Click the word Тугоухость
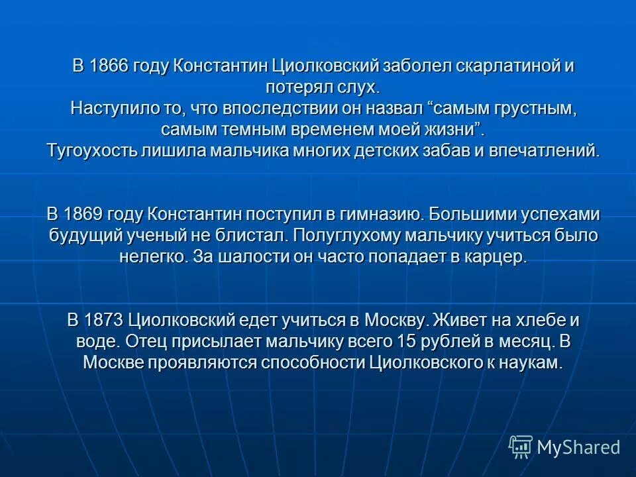click(x=91, y=150)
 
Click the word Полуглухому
click(x=354, y=236)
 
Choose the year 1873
click(x=105, y=321)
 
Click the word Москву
click(x=395, y=321)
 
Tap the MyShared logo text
click(x=578, y=447)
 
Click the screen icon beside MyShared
click(x=521, y=447)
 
